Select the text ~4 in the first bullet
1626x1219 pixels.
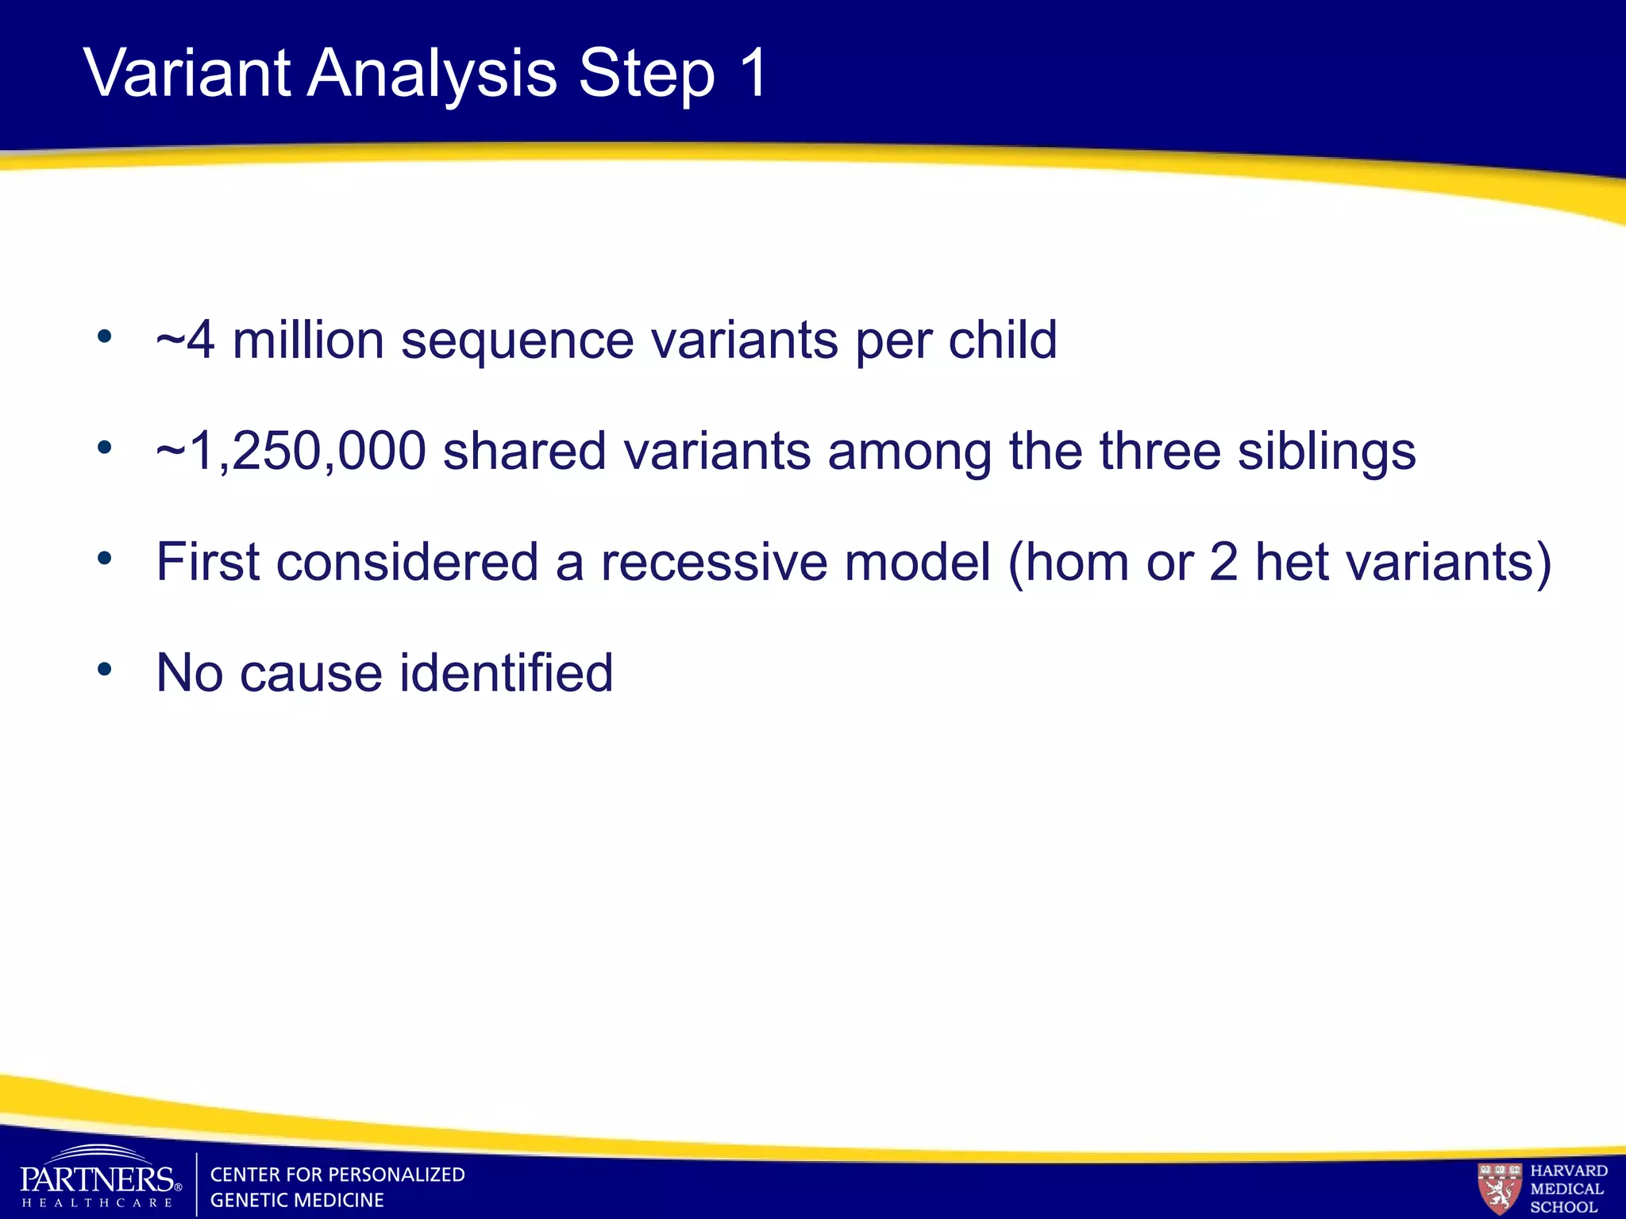coord(185,340)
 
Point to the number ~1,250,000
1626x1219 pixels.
coord(291,452)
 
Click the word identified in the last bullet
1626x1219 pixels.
coord(506,674)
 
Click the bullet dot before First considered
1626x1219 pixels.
coord(104,560)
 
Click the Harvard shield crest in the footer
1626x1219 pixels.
coord(1499,1187)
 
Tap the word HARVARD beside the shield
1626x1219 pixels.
coord(1568,1171)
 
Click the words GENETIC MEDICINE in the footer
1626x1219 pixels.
coord(297,1200)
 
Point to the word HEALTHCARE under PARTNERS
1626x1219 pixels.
coord(97,1203)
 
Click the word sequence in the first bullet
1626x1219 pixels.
coord(516,342)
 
